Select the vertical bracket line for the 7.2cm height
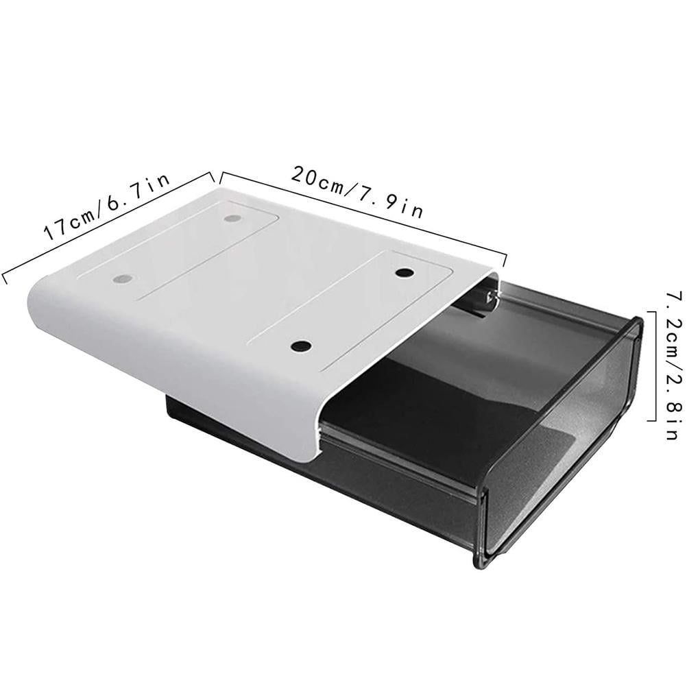click(x=653, y=366)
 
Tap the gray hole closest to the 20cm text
click(x=233, y=219)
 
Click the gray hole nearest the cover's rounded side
click(x=123, y=280)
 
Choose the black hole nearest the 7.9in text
click(x=405, y=273)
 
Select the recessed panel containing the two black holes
click(x=350, y=309)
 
